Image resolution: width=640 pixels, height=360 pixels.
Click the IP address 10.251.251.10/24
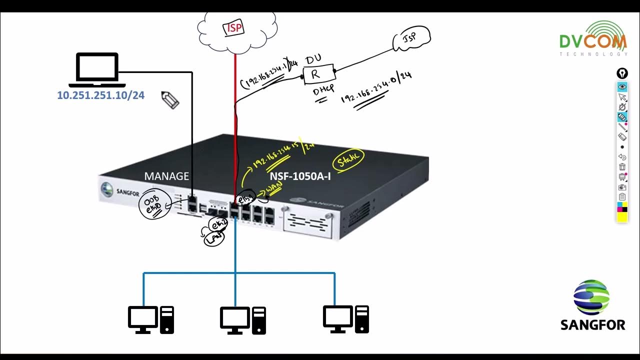coord(100,95)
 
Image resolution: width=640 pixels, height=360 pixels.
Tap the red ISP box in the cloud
coord(233,27)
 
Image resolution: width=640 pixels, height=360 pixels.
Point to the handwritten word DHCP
coord(319,92)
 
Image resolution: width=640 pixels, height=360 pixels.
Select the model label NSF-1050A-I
coord(300,176)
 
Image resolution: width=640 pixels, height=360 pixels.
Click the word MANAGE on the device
coord(166,176)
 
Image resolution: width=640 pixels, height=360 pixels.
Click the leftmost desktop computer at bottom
coord(150,319)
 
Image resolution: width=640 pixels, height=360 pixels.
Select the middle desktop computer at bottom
coord(243,319)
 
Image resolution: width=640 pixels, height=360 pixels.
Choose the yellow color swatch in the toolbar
coord(622,216)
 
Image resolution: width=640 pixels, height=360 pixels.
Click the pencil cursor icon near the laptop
coord(170,100)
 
